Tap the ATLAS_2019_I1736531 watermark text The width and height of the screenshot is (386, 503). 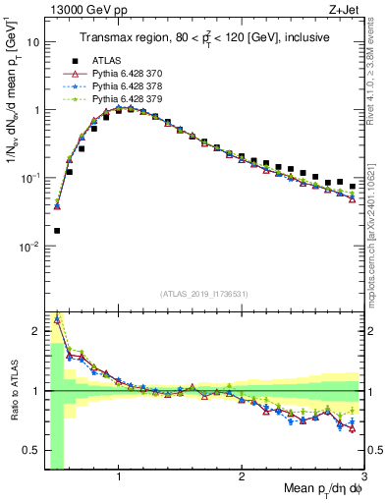tap(203, 295)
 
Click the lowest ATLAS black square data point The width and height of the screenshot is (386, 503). tap(57, 231)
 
